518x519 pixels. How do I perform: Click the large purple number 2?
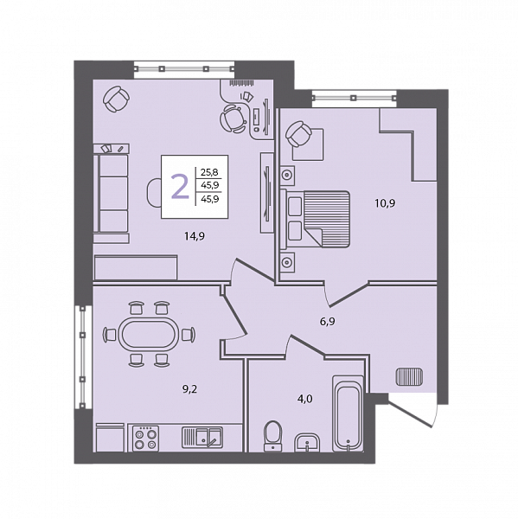[x=180, y=187]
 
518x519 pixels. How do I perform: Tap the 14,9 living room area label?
[x=195, y=236]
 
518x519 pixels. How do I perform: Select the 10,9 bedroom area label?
[x=385, y=203]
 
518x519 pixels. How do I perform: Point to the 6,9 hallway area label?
[x=328, y=322]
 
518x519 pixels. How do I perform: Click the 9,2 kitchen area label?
[x=189, y=389]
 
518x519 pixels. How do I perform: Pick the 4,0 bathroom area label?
[x=305, y=399]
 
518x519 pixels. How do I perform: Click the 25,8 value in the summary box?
[x=209, y=172]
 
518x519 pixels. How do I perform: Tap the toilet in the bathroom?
[x=273, y=436]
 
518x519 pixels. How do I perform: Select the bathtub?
[x=348, y=413]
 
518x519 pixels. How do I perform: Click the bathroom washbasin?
[x=308, y=443]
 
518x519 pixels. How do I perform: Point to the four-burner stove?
[x=145, y=439]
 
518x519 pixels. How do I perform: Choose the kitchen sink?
[x=202, y=437]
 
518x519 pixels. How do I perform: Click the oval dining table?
[x=149, y=334]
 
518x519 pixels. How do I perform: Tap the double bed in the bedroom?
[x=316, y=219]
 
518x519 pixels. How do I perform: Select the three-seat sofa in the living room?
[x=112, y=193]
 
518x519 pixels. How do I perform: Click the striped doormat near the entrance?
[x=409, y=376]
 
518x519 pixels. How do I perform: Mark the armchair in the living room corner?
[x=116, y=99]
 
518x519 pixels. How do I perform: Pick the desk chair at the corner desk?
[x=233, y=119]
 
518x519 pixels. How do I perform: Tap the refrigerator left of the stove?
[x=110, y=437]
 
